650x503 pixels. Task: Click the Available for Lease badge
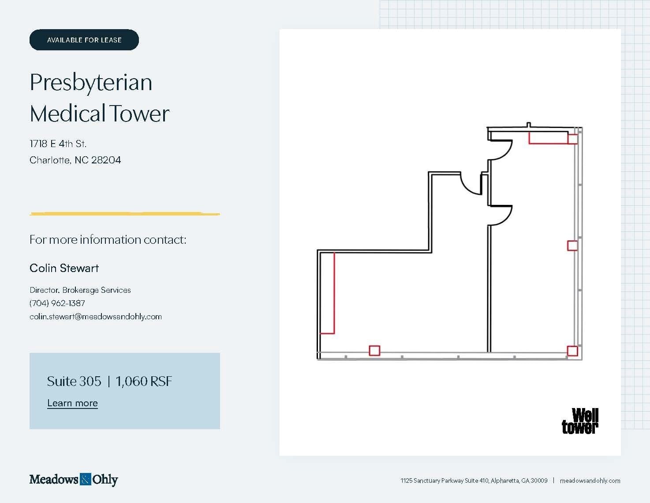click(84, 40)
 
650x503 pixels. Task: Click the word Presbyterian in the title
click(91, 83)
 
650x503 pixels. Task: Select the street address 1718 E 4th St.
click(58, 144)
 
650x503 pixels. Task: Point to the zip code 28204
click(106, 160)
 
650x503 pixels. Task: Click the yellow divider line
click(125, 214)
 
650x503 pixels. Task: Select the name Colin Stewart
click(64, 268)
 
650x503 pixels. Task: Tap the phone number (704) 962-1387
click(57, 303)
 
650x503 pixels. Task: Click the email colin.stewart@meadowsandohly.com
click(96, 317)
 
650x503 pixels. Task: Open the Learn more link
click(72, 403)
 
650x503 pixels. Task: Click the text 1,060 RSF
click(144, 382)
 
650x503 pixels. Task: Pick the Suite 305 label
click(74, 382)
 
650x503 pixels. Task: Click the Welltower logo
click(580, 421)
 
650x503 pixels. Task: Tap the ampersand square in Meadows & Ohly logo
click(85, 479)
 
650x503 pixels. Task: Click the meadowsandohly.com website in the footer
click(590, 480)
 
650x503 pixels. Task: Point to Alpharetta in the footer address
click(504, 480)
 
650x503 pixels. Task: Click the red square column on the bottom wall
click(374, 351)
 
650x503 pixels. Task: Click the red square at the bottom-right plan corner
click(572, 351)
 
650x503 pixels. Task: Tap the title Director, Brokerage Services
click(80, 290)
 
